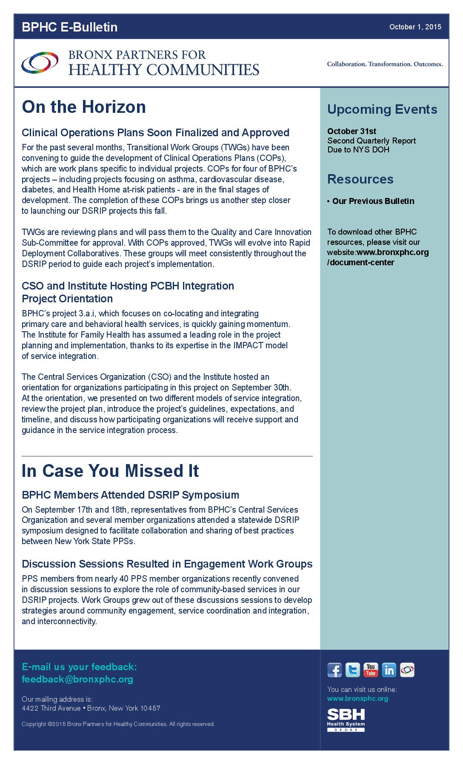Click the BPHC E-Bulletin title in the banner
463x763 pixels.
tap(69, 27)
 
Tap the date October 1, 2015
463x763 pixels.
tap(415, 27)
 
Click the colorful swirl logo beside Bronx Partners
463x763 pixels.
tap(40, 63)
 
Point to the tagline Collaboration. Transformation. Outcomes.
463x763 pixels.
tap(385, 64)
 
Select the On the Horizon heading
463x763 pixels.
tap(84, 107)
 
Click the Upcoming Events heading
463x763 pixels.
tap(382, 109)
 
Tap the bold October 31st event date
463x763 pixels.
tap(352, 131)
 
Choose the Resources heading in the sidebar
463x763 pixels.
tap(360, 179)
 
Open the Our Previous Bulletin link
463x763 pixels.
tap(373, 201)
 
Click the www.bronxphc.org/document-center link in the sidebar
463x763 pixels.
tap(378, 257)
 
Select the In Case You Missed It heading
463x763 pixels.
tap(110, 471)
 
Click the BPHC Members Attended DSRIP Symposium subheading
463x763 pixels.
tap(130, 495)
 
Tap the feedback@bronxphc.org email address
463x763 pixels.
tap(77, 679)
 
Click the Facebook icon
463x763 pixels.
tap(334, 670)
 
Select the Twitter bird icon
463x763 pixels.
tap(352, 670)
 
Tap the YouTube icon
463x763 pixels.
tap(371, 670)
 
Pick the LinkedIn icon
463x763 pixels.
tap(389, 670)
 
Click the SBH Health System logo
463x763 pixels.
tap(346, 720)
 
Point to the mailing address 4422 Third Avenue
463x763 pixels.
tap(91, 708)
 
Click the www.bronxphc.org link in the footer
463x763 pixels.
tap(357, 698)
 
